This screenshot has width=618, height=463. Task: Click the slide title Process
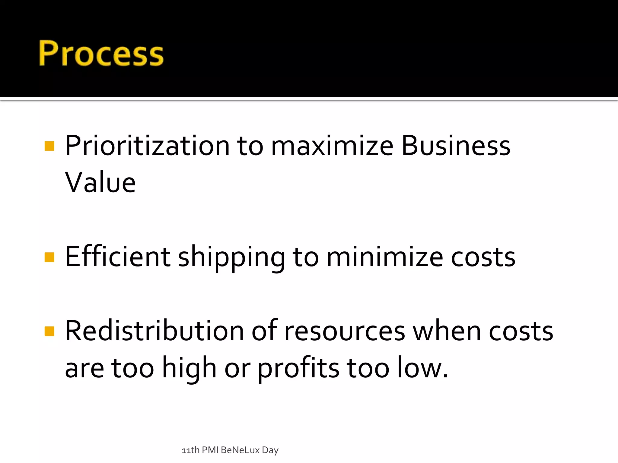101,53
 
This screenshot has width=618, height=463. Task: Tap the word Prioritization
147,146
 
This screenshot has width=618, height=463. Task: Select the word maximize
332,146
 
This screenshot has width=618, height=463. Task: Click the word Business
456,146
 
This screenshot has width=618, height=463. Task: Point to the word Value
100,183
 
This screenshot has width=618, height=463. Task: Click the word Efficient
118,257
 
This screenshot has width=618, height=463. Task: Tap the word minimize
385,257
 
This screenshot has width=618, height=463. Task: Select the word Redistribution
154,331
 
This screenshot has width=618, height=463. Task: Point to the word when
447,331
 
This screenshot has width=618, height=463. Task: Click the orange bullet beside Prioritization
49,146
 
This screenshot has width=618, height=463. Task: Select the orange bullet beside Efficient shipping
49,257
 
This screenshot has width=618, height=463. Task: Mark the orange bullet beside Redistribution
49,331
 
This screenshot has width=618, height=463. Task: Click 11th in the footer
190,450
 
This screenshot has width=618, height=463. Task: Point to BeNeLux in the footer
240,450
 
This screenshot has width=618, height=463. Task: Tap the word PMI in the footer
210,450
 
